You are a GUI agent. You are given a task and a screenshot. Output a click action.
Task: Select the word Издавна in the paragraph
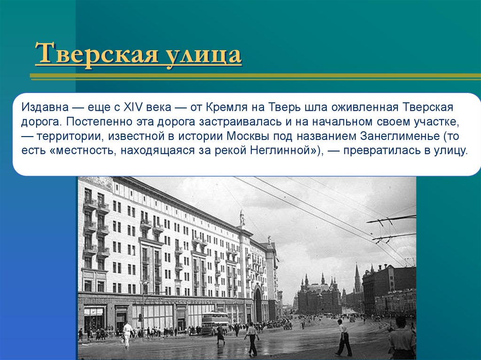pos(45,108)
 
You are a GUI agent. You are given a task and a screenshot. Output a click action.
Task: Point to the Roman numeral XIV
pos(133,107)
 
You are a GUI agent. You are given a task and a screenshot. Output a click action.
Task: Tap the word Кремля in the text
pos(226,107)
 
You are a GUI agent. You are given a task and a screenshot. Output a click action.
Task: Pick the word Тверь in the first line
pos(285,107)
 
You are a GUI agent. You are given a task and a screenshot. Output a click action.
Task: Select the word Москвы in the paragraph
pos(248,136)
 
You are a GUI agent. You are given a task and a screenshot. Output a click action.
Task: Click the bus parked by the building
pos(215,323)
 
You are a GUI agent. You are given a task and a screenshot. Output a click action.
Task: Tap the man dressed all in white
pos(127,335)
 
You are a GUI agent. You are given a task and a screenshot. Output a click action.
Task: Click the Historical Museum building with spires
pos(319,295)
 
